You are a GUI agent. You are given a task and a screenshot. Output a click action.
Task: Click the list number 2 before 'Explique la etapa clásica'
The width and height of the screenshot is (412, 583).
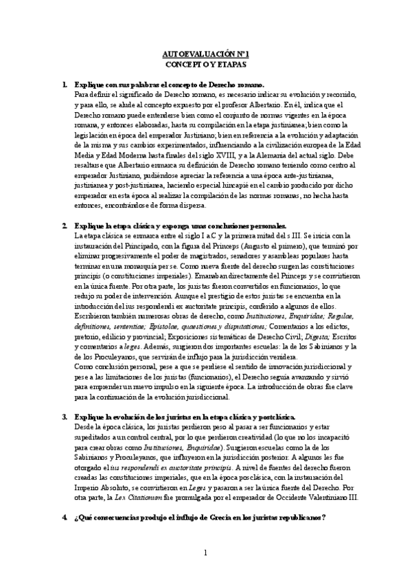click(64, 226)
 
